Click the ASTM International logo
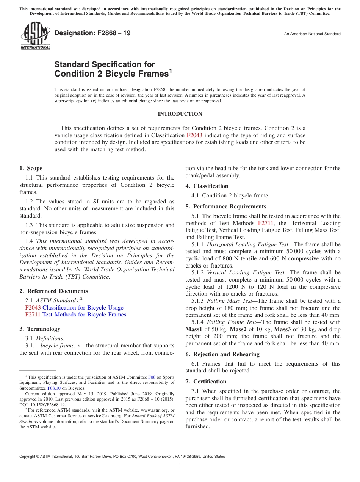(x=35, y=36)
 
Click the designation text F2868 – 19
(x=93, y=33)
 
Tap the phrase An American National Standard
(x=312, y=34)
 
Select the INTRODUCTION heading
(x=180, y=114)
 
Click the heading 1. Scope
(x=31, y=169)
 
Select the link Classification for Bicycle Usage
(x=83, y=308)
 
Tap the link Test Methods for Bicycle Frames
(x=84, y=315)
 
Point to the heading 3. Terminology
(x=39, y=329)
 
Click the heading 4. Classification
(x=207, y=186)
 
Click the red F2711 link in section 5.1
(x=266, y=223)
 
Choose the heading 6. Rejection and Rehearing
(x=222, y=354)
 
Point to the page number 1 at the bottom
(x=180, y=466)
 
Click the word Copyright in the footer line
(x=28, y=457)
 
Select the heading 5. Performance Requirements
(x=226, y=207)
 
